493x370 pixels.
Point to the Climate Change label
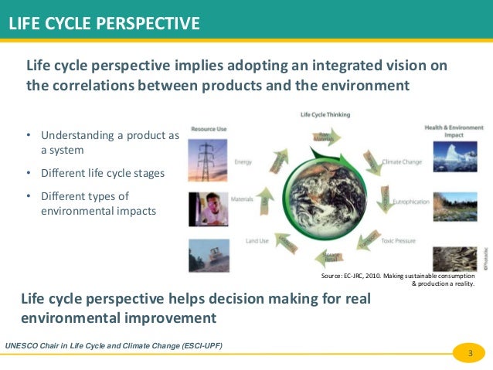click(402, 163)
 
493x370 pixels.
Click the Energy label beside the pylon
click(243, 163)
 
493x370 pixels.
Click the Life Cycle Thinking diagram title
click(325, 114)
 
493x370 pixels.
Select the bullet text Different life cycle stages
click(102, 172)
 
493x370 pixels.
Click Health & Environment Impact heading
click(454, 129)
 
